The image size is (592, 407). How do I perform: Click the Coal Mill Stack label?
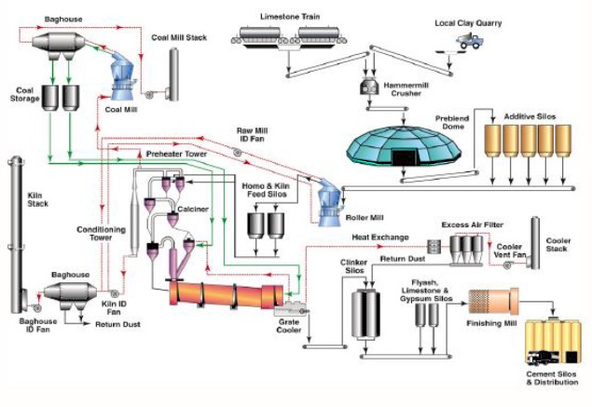click(179, 37)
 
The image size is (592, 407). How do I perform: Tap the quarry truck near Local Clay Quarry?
click(469, 41)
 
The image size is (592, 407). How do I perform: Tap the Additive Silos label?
click(529, 116)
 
